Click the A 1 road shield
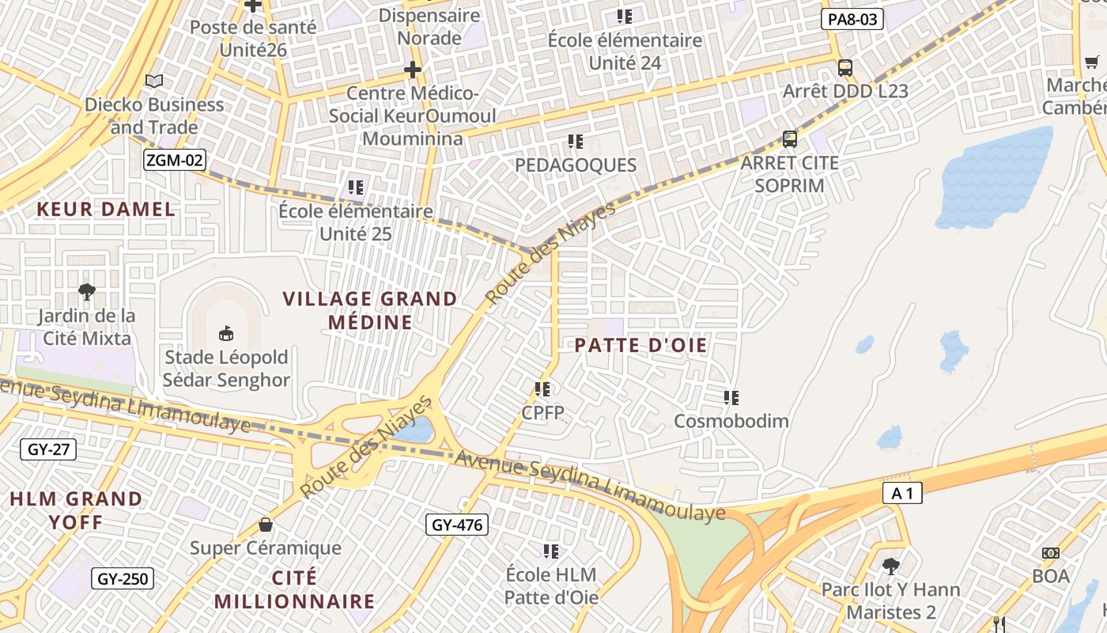point(902,494)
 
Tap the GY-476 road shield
point(457,524)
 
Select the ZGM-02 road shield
point(175,161)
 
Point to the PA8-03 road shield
point(852,19)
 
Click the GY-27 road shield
point(48,449)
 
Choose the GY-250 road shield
point(122,578)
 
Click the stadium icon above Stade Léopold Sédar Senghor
point(226,332)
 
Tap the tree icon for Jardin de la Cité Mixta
point(87,291)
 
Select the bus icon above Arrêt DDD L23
point(845,67)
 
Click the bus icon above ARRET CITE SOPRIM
point(789,139)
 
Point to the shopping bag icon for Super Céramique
point(266,525)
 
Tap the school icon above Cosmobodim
point(731,397)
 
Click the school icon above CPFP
point(542,389)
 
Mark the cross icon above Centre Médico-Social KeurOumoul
point(412,70)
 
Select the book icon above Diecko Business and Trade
point(154,81)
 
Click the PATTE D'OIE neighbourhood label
point(640,345)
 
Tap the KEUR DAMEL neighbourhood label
point(106,209)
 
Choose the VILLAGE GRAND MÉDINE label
point(370,310)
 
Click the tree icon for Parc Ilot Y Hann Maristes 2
point(890,567)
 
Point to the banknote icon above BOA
point(1050,553)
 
